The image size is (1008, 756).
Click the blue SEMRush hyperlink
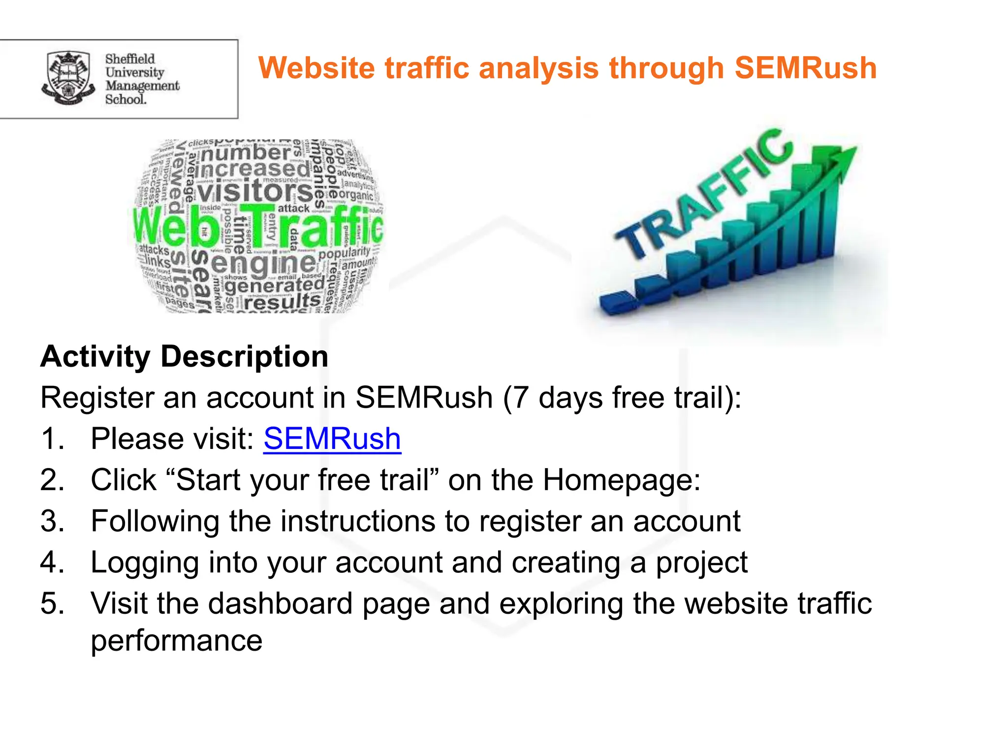[x=332, y=439]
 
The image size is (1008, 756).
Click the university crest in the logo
[x=68, y=78]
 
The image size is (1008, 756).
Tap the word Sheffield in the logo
[x=130, y=59]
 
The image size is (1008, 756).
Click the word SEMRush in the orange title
[x=806, y=68]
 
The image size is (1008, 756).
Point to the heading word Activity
[x=95, y=356]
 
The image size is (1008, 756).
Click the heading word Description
[x=245, y=356]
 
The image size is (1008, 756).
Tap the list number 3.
[x=52, y=521]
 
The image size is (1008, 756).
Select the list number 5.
[x=52, y=603]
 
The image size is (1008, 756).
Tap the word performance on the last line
[x=177, y=640]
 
